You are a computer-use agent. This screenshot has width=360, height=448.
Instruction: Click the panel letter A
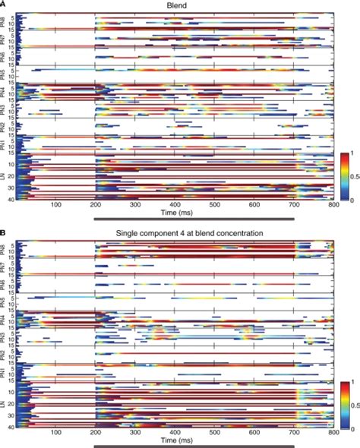[x=4, y=4]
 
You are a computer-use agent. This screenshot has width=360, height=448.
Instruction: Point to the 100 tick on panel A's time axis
[x=55, y=205]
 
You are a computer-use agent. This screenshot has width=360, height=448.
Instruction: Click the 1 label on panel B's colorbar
[x=353, y=383]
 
